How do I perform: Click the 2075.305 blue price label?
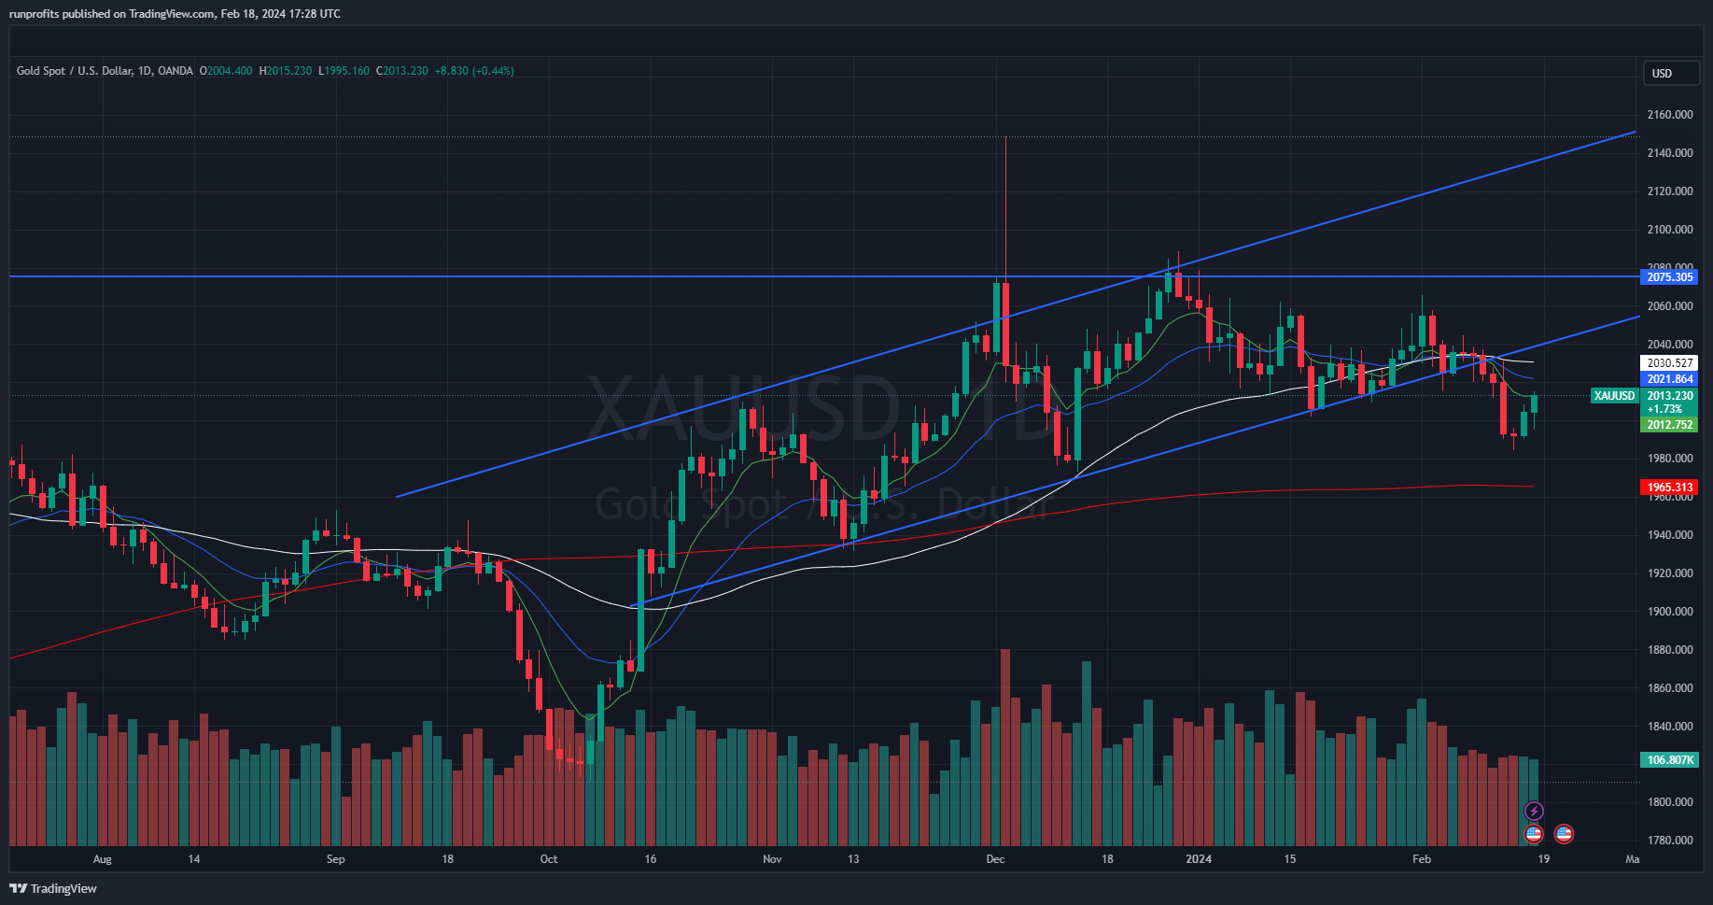1669,277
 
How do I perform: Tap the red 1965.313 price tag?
1669,488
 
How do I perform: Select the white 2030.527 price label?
1669,363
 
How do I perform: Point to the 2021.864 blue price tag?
1669,379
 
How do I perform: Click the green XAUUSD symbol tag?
1614,396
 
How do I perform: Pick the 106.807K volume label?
1669,760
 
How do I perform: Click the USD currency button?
1662,74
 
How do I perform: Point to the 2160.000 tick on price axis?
1669,115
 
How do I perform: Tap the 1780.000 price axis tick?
1669,841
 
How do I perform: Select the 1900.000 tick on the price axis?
1669,612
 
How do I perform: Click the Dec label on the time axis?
995,859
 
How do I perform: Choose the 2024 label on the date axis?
1199,859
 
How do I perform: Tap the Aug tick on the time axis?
103,859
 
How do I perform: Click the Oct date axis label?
549,859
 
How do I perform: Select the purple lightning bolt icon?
1534,811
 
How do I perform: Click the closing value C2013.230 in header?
402,71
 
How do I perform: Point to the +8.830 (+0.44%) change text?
474,71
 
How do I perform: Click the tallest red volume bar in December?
1005,747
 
